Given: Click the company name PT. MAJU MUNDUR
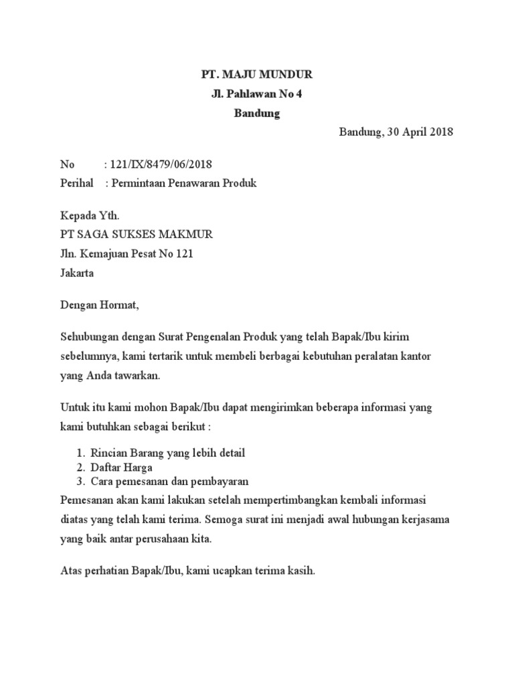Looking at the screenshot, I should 257,74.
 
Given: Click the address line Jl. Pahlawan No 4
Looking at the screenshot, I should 257,94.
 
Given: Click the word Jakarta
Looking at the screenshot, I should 77,273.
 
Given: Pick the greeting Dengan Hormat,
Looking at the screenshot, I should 99,306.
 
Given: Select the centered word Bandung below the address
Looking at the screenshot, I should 257,113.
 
